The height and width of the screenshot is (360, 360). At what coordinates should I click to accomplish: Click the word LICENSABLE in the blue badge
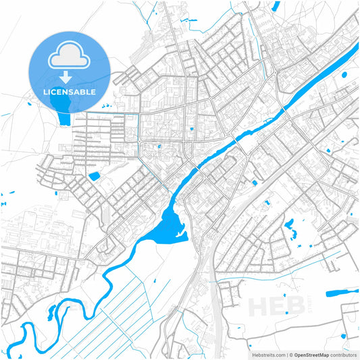pos(70,91)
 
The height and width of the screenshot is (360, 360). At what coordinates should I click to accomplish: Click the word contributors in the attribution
pos(343,354)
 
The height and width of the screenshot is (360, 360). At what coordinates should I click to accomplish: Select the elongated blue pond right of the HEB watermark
pos(342,293)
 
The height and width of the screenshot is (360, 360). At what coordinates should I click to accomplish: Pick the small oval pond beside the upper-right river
pos(345,75)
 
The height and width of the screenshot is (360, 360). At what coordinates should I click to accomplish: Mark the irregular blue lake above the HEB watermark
pos(291,228)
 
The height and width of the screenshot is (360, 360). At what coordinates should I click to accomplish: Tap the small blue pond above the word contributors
pos(345,336)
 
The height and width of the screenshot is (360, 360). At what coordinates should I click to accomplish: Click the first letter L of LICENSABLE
pos(46,91)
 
